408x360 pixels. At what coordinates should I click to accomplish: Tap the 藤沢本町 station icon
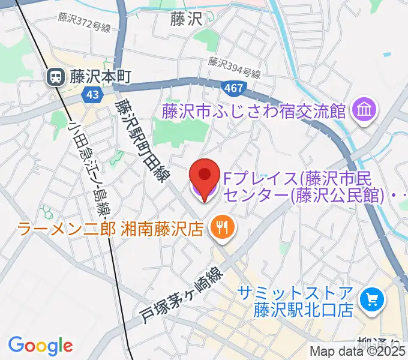[56, 76]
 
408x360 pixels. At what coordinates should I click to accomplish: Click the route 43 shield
[92, 94]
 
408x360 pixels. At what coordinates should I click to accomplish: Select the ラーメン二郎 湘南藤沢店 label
[111, 228]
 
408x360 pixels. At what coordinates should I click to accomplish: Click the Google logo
[40, 346]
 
